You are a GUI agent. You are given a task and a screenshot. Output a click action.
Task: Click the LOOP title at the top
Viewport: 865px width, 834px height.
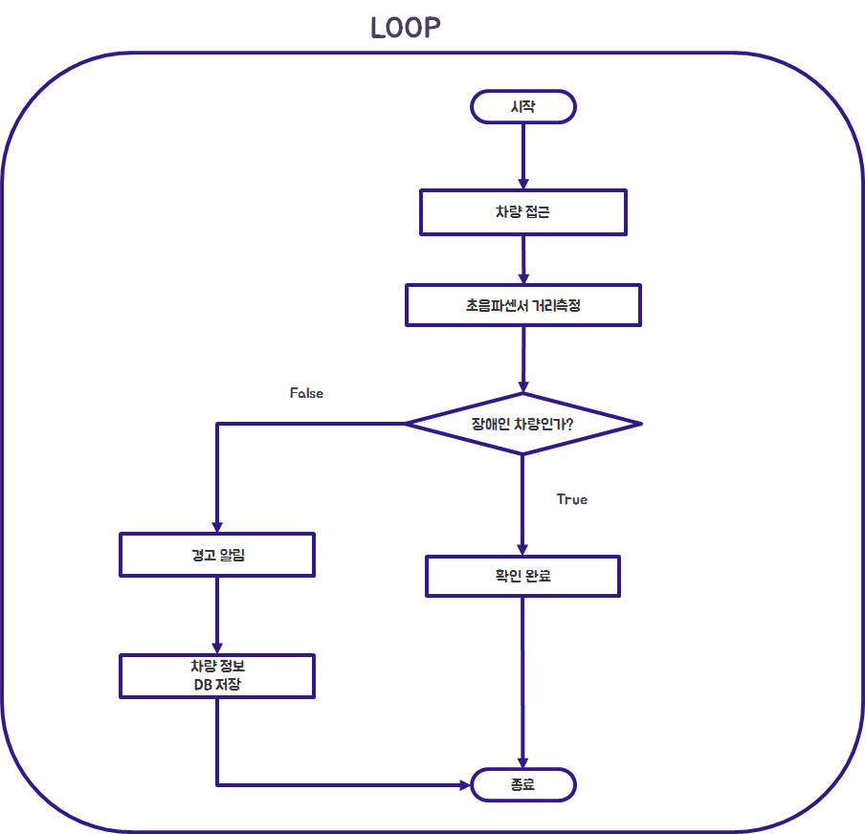[406, 28]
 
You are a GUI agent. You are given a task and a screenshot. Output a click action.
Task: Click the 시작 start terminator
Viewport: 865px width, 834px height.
[522, 107]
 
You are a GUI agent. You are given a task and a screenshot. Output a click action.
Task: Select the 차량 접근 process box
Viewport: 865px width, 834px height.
[522, 212]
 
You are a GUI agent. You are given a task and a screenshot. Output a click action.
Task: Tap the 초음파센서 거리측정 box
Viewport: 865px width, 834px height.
[522, 306]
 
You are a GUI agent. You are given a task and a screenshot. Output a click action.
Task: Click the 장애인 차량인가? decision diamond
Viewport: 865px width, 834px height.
[522, 423]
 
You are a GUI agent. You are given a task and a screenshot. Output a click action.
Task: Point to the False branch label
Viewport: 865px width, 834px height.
[306, 393]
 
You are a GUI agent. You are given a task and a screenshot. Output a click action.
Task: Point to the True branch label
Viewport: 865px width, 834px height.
[571, 499]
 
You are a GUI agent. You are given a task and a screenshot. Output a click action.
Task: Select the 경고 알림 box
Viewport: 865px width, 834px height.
[217, 555]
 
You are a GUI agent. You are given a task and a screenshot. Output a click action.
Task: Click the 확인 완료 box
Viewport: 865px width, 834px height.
[522, 577]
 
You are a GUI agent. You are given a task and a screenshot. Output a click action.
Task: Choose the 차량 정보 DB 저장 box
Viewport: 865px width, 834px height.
[217, 676]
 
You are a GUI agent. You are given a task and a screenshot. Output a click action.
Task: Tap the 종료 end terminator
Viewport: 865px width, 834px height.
[522, 785]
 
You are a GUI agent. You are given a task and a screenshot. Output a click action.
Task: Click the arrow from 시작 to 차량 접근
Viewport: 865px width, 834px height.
[522, 153]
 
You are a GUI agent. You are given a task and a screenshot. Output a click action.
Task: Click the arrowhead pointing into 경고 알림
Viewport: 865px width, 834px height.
[217, 526]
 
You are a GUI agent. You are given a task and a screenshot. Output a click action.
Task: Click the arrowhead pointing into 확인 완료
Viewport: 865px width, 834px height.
[522, 549]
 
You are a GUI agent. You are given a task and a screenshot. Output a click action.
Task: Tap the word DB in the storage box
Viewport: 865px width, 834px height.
[203, 685]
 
